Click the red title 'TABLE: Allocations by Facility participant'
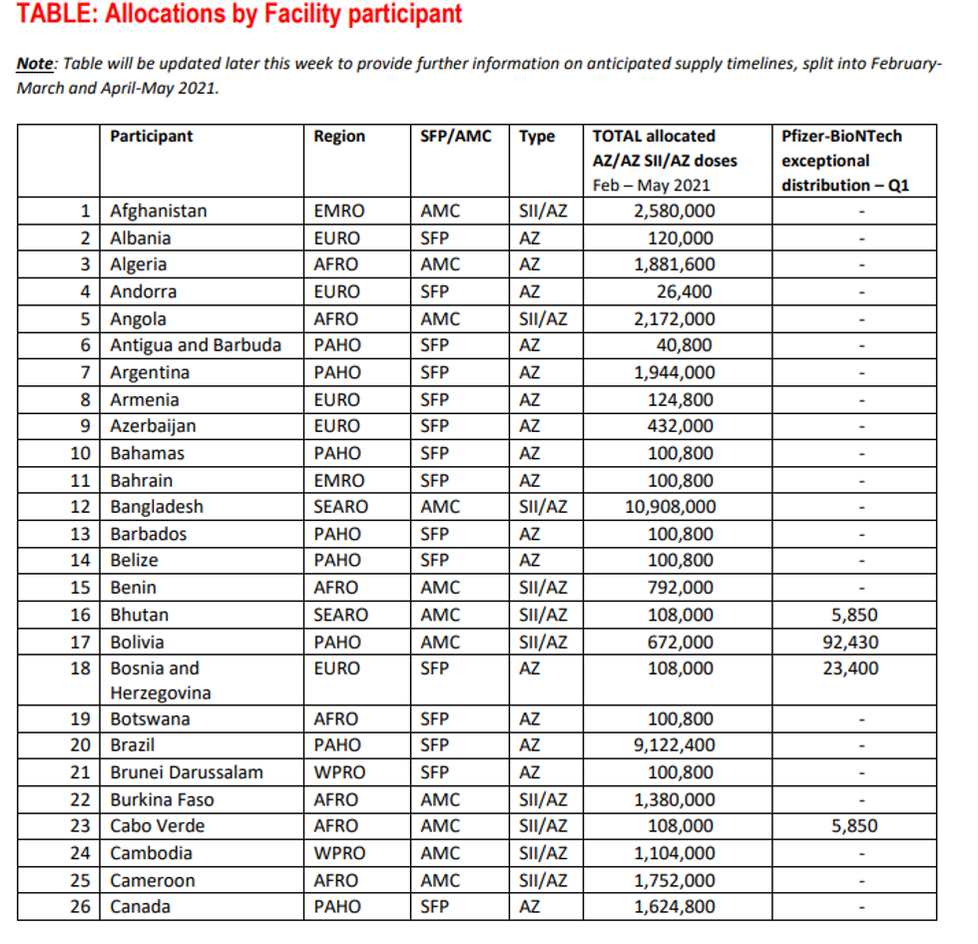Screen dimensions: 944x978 240,15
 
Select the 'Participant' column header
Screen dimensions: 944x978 151,137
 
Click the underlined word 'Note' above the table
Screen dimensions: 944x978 35,64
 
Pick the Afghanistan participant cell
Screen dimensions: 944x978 159,211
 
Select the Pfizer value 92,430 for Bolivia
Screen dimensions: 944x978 850,642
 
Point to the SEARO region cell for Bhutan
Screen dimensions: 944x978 340,615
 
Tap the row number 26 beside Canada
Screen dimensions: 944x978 81,906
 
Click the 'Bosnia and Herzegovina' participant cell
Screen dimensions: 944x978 155,680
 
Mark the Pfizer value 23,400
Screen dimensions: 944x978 850,669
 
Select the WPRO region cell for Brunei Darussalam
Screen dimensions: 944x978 339,772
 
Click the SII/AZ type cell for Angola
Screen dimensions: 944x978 543,319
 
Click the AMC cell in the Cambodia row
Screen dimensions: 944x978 440,853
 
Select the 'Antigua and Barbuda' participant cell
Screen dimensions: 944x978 196,345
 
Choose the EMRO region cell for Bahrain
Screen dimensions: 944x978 339,480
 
